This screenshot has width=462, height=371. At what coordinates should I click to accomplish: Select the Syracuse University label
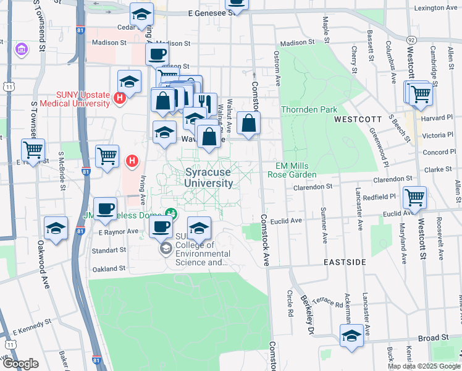click(209, 178)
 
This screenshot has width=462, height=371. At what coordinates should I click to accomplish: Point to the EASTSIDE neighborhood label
click(345, 262)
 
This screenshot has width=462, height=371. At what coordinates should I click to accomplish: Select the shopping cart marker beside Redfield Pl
click(414, 198)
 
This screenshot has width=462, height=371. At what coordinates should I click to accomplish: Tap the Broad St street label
click(433, 338)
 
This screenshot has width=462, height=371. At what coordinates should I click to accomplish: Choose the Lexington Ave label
click(435, 8)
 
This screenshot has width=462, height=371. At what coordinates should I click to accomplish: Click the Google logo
click(20, 364)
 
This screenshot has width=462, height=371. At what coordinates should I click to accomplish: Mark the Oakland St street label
click(109, 269)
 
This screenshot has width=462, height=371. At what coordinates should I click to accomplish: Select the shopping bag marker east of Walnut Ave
click(248, 123)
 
